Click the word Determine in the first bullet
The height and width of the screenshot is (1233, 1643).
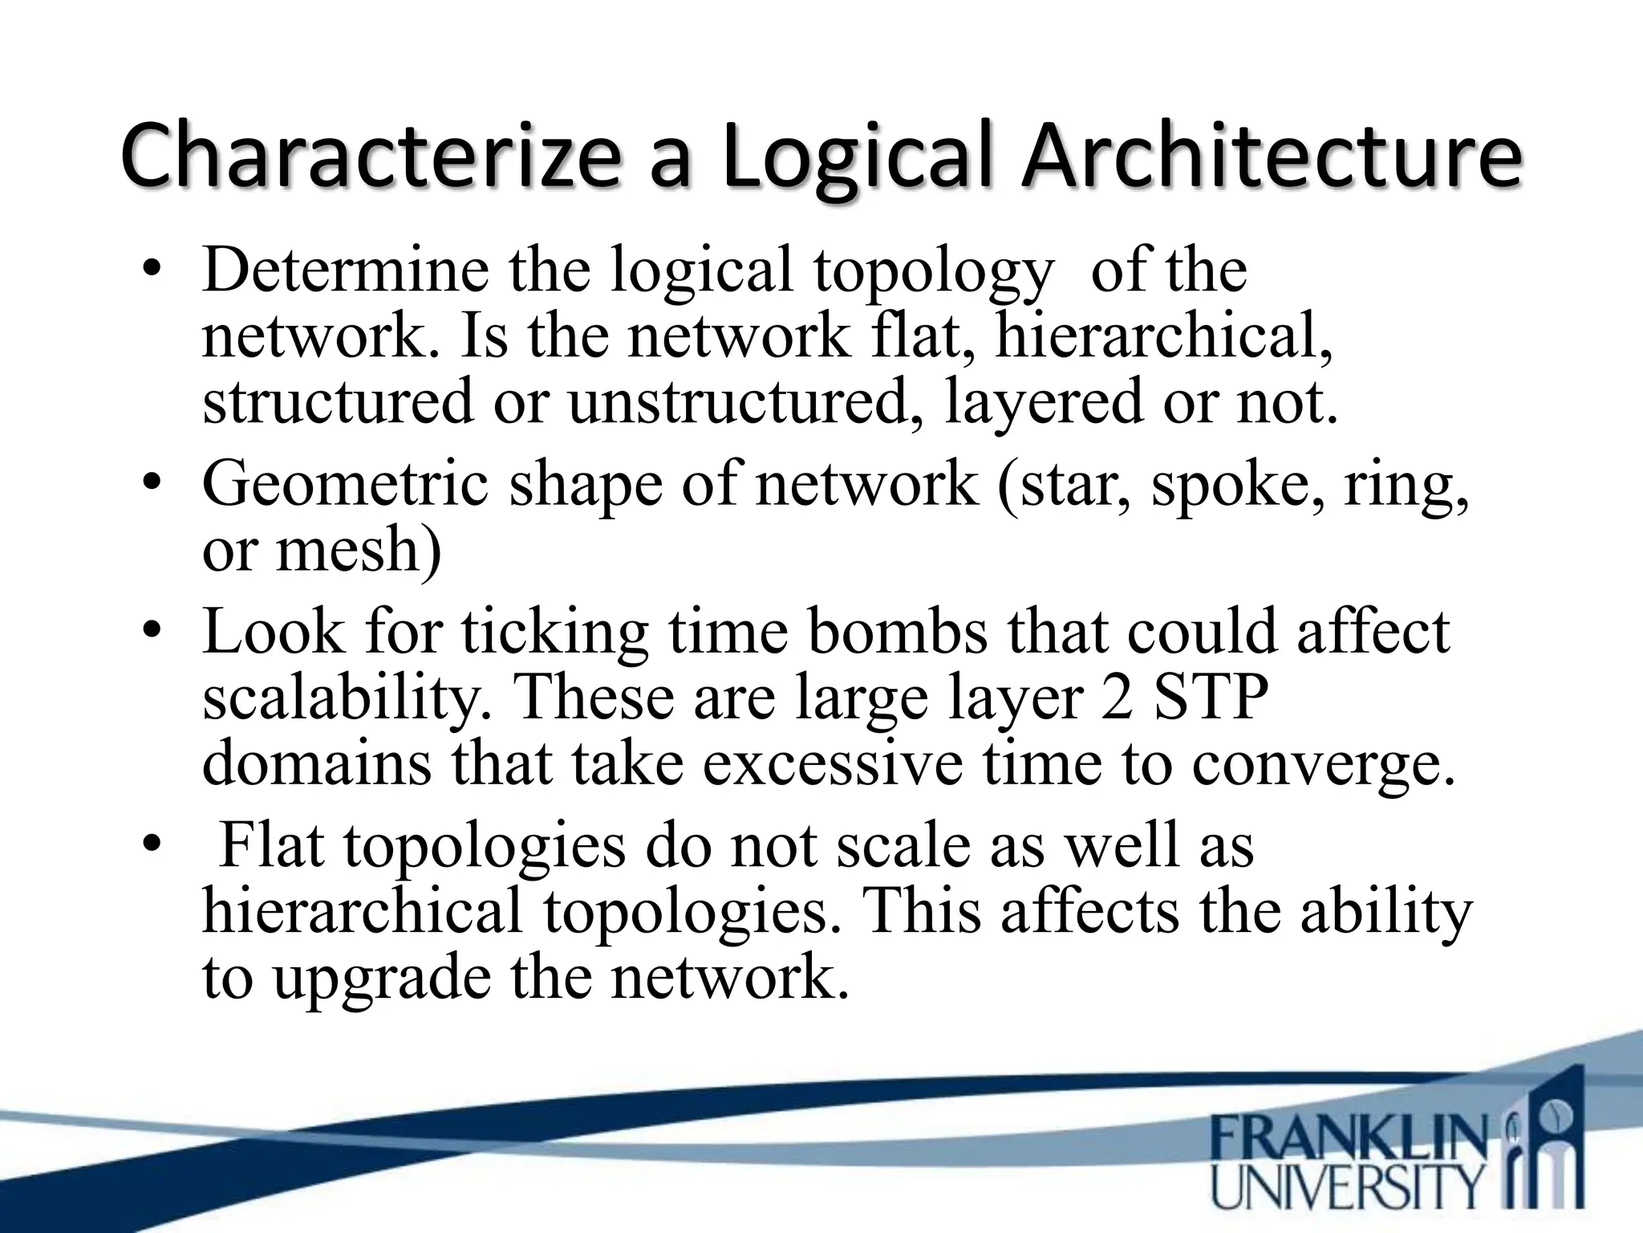click(345, 271)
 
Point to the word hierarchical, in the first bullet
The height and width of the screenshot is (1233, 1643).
click(1164, 336)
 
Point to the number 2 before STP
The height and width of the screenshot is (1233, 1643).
click(1118, 697)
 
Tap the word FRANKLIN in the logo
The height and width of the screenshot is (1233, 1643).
click(1348, 1139)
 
